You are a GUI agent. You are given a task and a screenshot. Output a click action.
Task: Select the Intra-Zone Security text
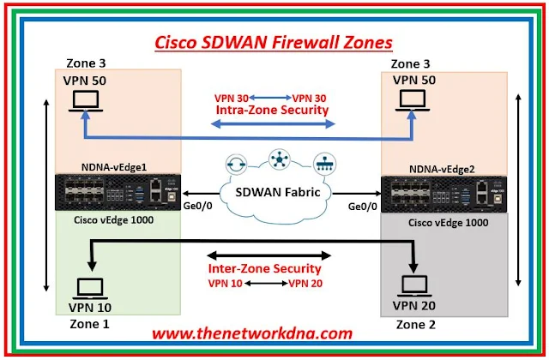coord(272,110)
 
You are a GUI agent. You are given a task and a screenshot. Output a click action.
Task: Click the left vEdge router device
coord(118,192)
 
